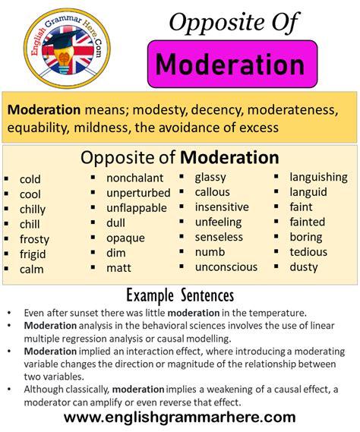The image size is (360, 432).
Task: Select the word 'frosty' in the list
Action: [34, 238]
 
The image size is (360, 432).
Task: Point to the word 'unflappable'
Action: [137, 208]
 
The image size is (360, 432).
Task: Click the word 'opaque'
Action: [125, 238]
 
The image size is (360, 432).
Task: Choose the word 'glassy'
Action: [210, 177]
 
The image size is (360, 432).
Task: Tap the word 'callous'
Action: [212, 192]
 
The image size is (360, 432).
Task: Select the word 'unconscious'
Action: [226, 266]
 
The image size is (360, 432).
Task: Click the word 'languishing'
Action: [319, 177]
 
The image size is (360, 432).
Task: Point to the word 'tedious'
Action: [308, 251]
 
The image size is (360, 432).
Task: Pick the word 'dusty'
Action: [303, 266]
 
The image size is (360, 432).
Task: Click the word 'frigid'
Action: [33, 254]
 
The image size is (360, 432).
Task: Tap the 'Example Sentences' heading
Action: [179, 295]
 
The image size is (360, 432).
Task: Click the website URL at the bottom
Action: [179, 417]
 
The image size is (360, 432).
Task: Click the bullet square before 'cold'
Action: [7, 180]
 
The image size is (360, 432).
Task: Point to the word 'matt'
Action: [118, 267]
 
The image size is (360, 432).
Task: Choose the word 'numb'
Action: [210, 251]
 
